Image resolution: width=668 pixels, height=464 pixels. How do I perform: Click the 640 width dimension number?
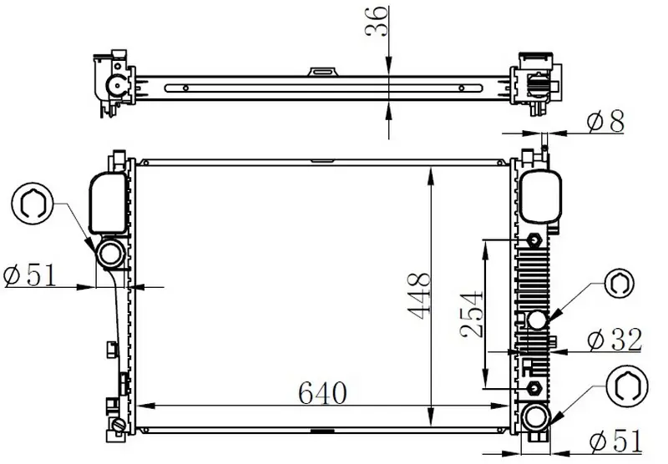pyautogui.click(x=322, y=392)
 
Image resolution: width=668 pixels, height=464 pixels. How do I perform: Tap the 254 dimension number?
pyautogui.click(x=472, y=314)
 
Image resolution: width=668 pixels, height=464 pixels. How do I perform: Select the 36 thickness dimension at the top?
pyautogui.click(x=377, y=21)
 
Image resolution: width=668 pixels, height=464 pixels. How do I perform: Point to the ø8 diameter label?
pyautogui.click(x=606, y=121)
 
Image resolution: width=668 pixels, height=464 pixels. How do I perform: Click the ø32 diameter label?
pyautogui.click(x=615, y=340)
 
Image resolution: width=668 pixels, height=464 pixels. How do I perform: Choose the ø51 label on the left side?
pyautogui.click(x=30, y=275)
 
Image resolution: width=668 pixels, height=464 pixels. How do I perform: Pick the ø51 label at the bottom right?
pyautogui.click(x=616, y=441)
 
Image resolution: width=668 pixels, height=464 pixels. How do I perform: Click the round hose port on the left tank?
pyautogui.click(x=110, y=255)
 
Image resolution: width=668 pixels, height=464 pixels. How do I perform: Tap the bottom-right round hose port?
pyautogui.click(x=534, y=417)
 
